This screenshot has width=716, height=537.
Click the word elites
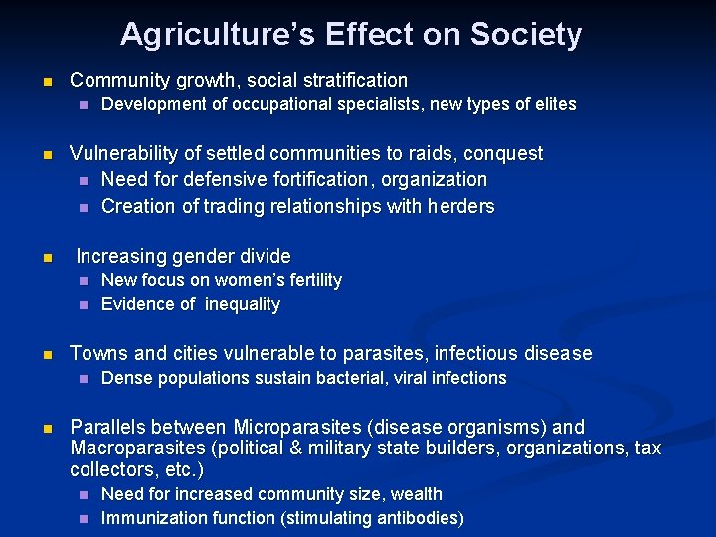[553, 104]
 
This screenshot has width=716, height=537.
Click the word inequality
[243, 304]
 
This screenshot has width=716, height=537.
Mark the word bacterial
[355, 378]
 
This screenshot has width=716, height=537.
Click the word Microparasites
[297, 427]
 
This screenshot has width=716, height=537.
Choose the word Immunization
[151, 518]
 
